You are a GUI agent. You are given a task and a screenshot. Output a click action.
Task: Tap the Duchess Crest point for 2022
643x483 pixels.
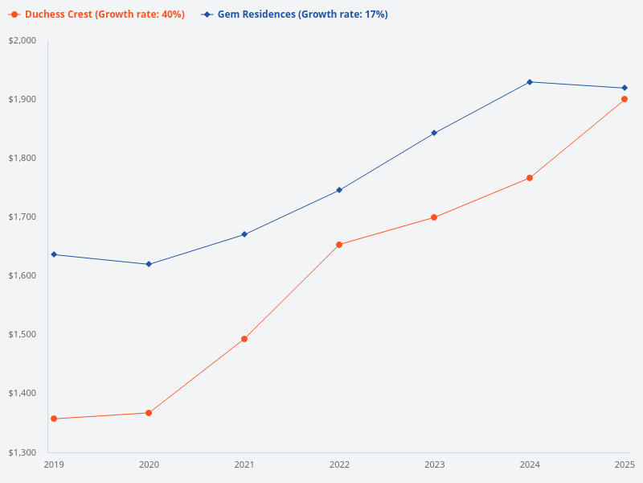coord(339,245)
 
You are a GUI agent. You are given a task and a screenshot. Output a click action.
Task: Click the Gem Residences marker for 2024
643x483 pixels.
coord(530,82)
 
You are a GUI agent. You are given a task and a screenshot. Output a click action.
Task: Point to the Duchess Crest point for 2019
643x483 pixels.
coord(54,419)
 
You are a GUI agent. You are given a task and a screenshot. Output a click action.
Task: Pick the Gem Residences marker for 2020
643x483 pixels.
coord(149,264)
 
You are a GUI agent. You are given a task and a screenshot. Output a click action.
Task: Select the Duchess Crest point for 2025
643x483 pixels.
coord(625,99)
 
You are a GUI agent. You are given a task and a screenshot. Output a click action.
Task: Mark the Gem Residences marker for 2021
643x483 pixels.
coord(244,234)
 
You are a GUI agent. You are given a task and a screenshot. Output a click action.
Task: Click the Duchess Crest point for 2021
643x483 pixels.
coord(244,339)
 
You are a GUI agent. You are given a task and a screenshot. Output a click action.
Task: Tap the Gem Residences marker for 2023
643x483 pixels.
coord(434,133)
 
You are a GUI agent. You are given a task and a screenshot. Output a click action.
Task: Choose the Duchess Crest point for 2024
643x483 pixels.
coord(530,178)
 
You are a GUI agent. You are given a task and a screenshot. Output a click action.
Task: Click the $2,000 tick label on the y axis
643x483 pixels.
coord(24,41)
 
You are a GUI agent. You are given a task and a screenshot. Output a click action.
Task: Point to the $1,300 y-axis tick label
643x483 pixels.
coord(24,452)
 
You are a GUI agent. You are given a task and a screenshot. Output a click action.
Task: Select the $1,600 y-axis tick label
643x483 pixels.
coord(24,275)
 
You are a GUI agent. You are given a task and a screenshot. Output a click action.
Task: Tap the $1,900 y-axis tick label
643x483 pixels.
coord(24,100)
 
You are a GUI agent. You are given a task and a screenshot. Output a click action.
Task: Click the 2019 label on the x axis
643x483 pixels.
coord(54,464)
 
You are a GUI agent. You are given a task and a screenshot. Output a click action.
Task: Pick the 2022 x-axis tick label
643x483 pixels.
coord(339,464)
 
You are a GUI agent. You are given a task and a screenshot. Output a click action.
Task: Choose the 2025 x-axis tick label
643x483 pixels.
coord(625,464)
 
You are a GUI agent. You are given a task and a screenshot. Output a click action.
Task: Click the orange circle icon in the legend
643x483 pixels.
coord(14,14)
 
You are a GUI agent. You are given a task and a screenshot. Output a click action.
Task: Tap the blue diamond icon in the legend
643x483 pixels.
coord(207,14)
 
